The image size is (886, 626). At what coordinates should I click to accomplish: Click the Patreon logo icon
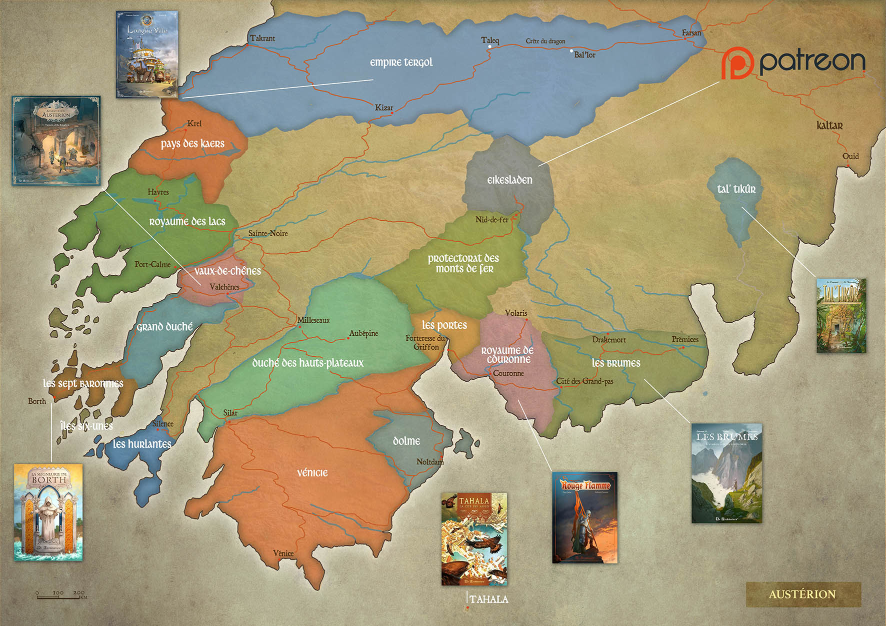[x=737, y=63]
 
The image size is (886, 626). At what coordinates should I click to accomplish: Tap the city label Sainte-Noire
[x=268, y=233]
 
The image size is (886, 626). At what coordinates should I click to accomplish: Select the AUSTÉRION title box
[x=803, y=594]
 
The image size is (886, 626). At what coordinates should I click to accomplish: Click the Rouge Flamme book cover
[x=584, y=517]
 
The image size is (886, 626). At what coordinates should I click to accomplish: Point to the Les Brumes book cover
[x=726, y=473]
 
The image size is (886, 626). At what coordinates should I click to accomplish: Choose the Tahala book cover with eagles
[x=474, y=539]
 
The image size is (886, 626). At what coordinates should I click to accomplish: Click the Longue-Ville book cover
[x=147, y=55]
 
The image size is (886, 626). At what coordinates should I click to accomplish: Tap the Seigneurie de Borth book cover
[x=48, y=512]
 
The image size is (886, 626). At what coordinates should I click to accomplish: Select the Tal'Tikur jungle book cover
[x=841, y=316]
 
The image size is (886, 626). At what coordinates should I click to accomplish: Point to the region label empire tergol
[x=401, y=63]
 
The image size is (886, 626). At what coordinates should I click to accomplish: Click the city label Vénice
[x=283, y=553]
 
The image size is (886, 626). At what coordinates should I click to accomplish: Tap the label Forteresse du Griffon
[x=425, y=342]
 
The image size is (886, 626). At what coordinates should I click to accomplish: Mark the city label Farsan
[x=691, y=33]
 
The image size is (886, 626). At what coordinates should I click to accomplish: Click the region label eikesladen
[x=509, y=180]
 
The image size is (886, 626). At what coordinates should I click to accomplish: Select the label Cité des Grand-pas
[x=584, y=381]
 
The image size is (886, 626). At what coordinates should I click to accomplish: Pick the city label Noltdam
[x=429, y=461]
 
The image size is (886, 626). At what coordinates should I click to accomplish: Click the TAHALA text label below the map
[x=488, y=599]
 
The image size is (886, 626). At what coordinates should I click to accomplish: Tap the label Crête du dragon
[x=545, y=41]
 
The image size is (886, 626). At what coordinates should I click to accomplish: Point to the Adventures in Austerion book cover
[x=56, y=141]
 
